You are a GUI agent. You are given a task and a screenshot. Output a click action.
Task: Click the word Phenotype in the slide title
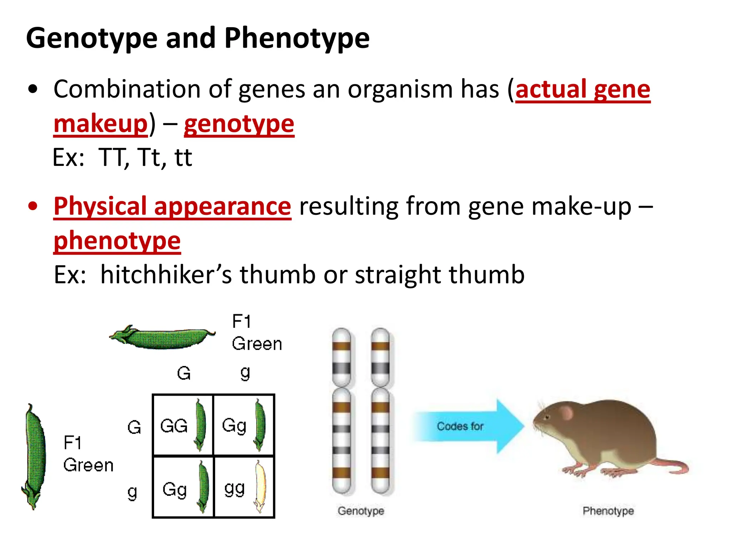(297, 39)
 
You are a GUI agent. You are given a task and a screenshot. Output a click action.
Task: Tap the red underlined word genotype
(239, 124)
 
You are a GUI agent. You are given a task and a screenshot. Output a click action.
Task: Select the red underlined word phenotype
(117, 241)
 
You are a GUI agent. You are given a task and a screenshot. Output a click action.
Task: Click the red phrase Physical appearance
(172, 206)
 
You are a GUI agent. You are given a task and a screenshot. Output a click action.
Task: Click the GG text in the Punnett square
(174, 426)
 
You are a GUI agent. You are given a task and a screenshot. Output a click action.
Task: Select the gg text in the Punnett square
(234, 489)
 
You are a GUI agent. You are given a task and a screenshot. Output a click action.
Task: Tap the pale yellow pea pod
(260, 486)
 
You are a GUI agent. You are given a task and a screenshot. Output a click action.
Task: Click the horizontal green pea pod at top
(163, 337)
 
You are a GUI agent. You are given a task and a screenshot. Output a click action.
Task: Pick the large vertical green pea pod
(35, 456)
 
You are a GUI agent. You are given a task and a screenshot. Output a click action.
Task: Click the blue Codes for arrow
(468, 426)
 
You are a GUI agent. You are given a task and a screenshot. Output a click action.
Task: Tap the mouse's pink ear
(565, 413)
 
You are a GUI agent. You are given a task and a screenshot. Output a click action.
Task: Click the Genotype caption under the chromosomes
(361, 511)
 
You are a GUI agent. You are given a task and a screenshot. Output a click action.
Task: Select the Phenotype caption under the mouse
(608, 511)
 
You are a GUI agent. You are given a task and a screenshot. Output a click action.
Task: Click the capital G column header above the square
(184, 374)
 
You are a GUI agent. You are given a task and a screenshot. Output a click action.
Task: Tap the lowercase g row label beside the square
(132, 493)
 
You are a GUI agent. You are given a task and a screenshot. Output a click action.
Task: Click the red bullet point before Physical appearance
(33, 206)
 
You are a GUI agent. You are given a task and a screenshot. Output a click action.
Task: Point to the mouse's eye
(546, 417)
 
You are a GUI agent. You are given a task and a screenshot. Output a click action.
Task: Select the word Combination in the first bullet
(127, 89)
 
